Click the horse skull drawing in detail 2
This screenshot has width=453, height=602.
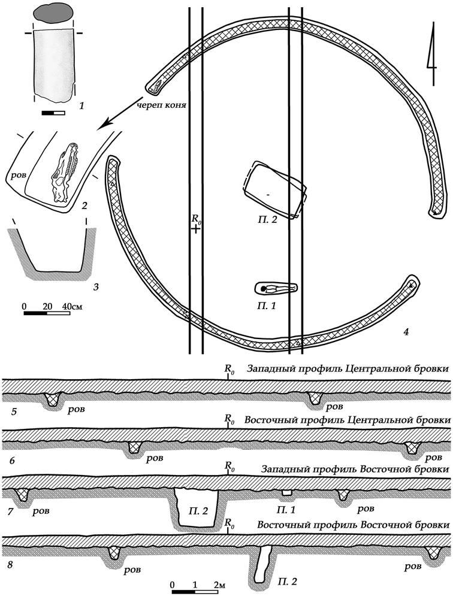pos(65,173)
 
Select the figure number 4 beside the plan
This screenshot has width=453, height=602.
pos(406,331)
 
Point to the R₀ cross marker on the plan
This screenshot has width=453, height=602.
pos(196,229)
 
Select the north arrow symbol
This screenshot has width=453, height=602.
pos(433,54)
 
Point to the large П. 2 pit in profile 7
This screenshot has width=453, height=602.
pos(197,507)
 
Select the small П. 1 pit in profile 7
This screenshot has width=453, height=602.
pos(286,492)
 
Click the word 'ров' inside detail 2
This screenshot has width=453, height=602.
pos(19,176)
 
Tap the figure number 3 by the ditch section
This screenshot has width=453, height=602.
pos(96,286)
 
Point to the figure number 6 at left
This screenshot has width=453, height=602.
pos(12,460)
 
